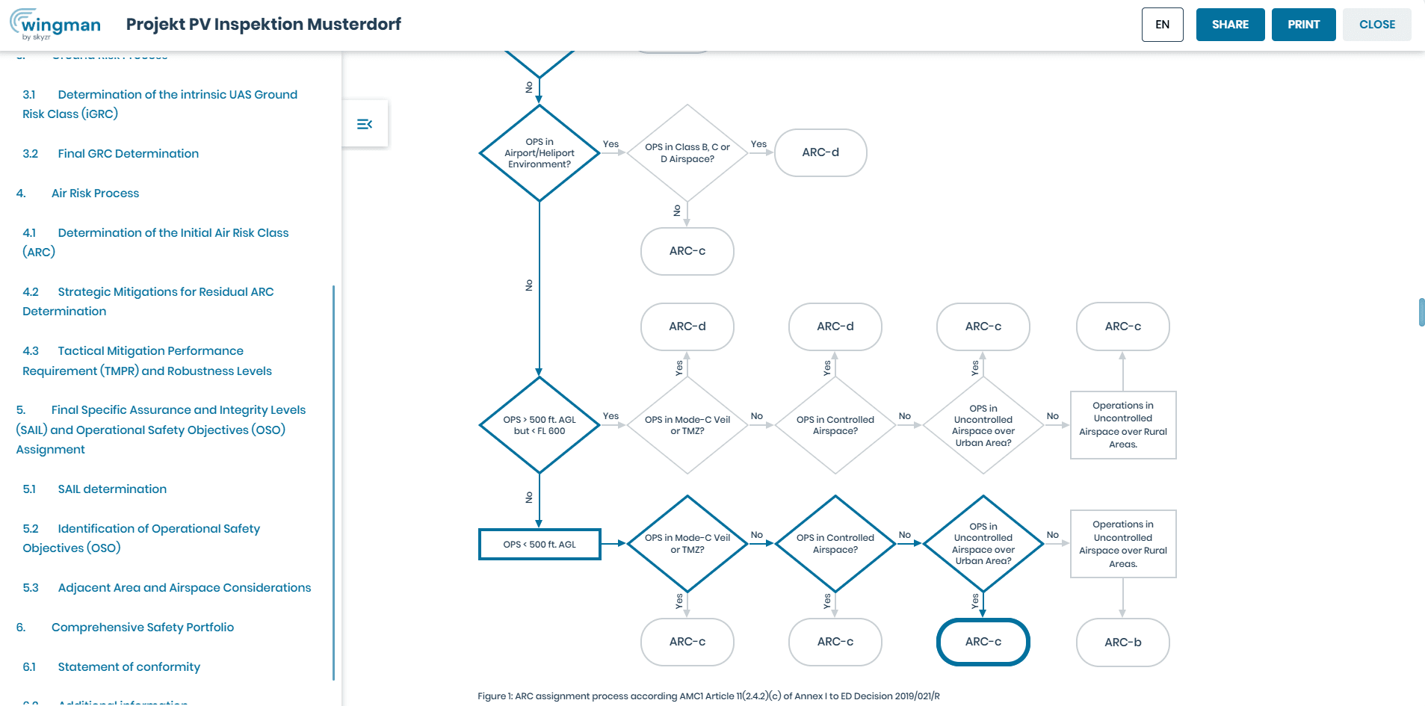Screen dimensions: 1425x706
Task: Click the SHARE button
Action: [1230, 25]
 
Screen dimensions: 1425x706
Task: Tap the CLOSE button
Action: [1376, 25]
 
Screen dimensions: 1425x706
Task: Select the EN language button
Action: [1162, 25]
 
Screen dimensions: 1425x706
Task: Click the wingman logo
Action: [55, 25]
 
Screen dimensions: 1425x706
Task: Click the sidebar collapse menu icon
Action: [365, 124]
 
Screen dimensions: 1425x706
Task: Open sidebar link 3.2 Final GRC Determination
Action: [111, 154]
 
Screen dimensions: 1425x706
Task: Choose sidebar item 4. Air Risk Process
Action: [78, 193]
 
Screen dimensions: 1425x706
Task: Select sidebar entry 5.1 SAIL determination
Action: [95, 489]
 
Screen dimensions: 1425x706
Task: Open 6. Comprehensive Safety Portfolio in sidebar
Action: [126, 628]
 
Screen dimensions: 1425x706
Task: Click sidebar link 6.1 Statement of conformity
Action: [111, 667]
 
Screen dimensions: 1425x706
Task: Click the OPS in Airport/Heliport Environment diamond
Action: [540, 153]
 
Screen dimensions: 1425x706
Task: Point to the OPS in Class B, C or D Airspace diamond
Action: [687, 153]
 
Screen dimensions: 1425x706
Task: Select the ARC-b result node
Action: [1123, 642]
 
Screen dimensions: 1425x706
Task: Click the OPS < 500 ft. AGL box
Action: [540, 545]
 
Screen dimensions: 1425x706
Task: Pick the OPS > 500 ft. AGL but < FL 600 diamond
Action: [540, 425]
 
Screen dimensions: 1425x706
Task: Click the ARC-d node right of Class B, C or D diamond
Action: [820, 153]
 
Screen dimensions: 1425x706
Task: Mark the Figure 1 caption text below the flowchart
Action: [708, 696]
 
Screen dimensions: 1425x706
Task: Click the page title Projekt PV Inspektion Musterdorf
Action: [264, 25]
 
